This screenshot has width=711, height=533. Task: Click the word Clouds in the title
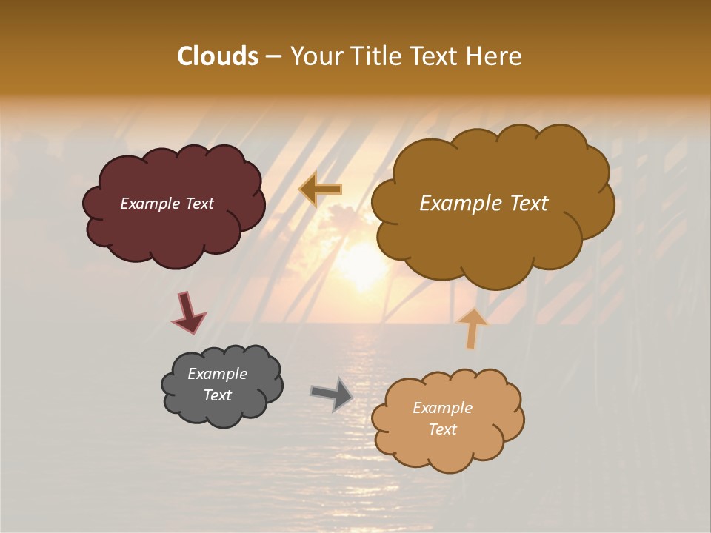[x=217, y=56]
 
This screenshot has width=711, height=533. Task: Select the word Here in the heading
[x=495, y=56]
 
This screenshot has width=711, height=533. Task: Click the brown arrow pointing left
[x=321, y=190]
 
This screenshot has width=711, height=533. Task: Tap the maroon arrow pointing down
[x=188, y=313]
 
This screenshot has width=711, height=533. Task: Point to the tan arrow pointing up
[x=472, y=328]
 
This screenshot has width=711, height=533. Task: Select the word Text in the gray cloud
[x=218, y=395]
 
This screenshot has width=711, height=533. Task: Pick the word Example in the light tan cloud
[x=442, y=408]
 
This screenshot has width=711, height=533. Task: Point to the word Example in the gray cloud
[x=218, y=374]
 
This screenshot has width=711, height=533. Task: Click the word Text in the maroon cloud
[x=198, y=204]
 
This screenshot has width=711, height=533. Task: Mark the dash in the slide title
[x=273, y=57]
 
